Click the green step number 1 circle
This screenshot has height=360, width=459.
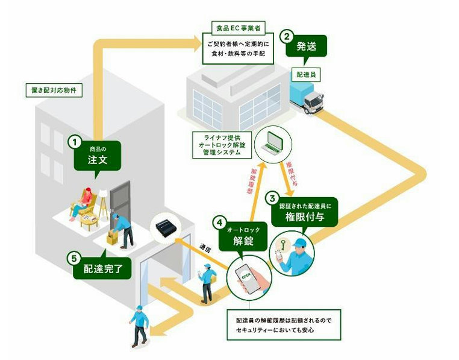click(x=75, y=142)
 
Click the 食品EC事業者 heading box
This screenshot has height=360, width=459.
click(x=240, y=28)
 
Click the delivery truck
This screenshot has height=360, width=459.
click(x=308, y=98)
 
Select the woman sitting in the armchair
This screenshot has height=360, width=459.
click(x=84, y=203)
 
